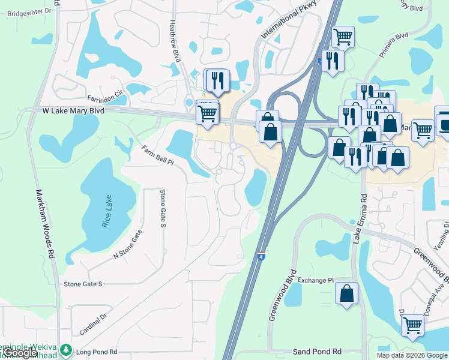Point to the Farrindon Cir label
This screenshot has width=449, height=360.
[x=105, y=96]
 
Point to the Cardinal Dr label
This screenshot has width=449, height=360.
[x=92, y=324]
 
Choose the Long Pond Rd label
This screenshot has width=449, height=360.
[x=97, y=352]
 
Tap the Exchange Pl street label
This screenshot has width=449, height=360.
[x=315, y=280]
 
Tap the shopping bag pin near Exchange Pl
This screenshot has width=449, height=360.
[x=347, y=293]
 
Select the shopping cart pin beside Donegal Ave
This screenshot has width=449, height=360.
[x=412, y=325]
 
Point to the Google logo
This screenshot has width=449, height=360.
[x=22, y=353]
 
